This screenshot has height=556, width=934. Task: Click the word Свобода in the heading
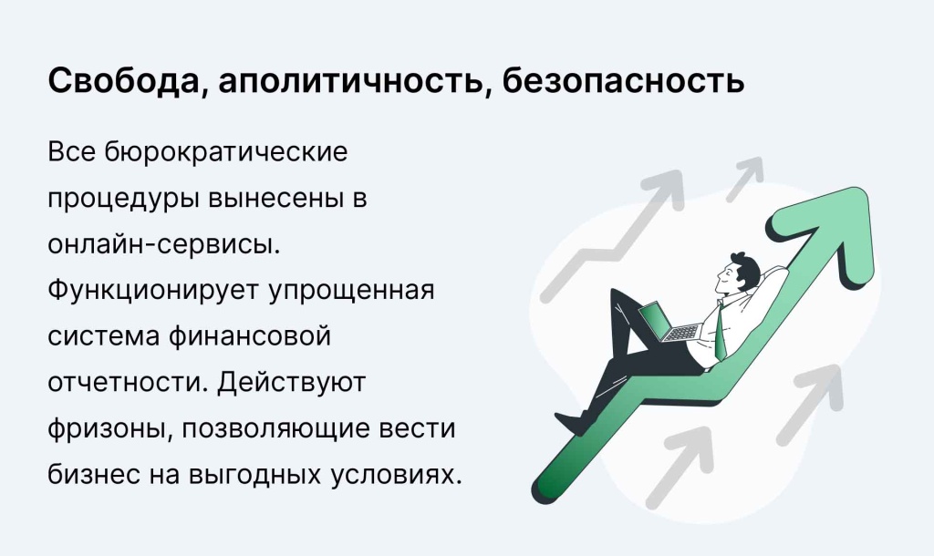point(123,80)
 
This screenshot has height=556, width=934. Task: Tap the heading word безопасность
point(623,80)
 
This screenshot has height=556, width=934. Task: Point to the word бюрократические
point(226,152)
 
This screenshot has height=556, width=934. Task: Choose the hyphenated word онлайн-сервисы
point(164,244)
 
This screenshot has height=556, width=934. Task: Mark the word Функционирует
point(153,291)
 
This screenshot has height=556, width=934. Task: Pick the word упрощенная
point(351,291)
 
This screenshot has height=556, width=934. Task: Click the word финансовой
point(249,336)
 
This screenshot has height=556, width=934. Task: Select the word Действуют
point(291,384)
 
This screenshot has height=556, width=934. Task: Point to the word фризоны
point(110,429)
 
